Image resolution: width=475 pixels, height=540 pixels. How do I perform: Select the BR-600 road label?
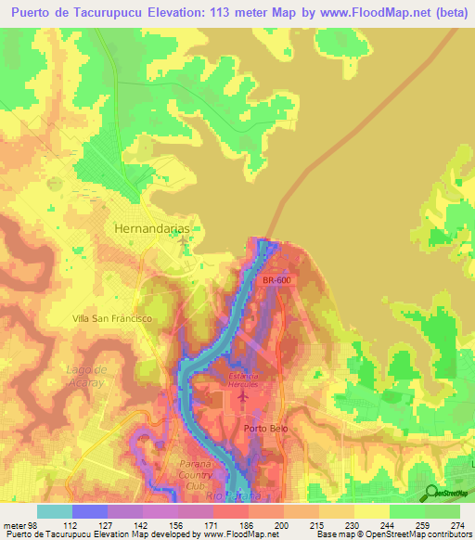[x=276, y=279]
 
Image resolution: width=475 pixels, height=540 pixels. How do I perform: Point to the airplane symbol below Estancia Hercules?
[x=242, y=398]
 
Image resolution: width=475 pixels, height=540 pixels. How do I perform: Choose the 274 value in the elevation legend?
[x=455, y=523]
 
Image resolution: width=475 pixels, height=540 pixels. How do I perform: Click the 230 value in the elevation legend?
[x=351, y=523]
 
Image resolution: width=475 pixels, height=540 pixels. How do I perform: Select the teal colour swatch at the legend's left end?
[x=55, y=511]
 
